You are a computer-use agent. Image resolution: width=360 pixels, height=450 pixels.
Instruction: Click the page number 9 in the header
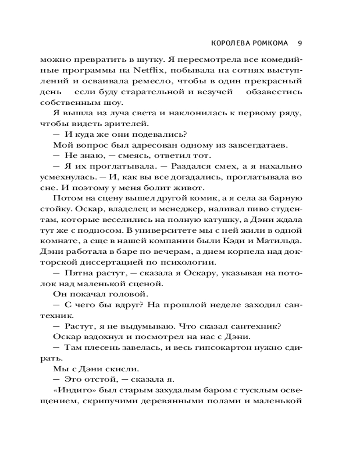click(300, 44)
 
